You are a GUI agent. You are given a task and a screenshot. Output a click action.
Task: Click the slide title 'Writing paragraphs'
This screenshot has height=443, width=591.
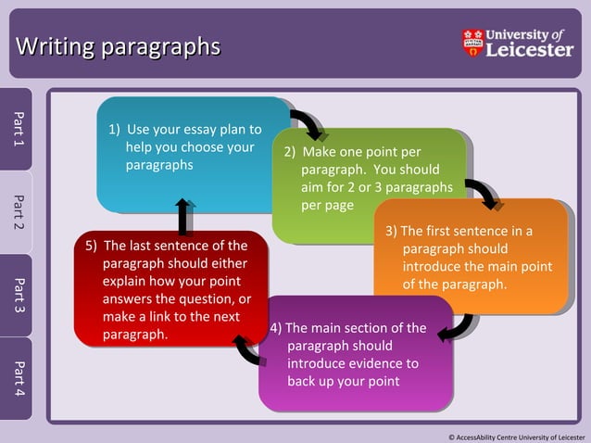pyautogui.click(x=119, y=45)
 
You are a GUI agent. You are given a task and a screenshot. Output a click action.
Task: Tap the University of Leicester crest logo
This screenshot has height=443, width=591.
pyautogui.click(x=472, y=43)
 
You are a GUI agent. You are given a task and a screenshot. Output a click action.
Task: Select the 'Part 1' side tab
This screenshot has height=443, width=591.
pyautogui.click(x=17, y=129)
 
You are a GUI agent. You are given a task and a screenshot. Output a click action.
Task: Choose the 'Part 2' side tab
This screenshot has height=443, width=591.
pyautogui.click(x=17, y=212)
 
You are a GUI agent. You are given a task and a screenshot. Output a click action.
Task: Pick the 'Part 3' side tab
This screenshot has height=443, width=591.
pyautogui.click(x=17, y=295)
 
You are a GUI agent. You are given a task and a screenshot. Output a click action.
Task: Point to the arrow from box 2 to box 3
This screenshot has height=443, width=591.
pyautogui.click(x=482, y=194)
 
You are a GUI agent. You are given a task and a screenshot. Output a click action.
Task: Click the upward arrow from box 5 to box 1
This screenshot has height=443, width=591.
pyautogui.click(x=184, y=215)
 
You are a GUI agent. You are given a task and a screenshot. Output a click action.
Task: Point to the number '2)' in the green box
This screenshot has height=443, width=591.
pyautogui.click(x=290, y=152)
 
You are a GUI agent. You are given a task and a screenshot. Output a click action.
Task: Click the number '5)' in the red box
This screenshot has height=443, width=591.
pyautogui.click(x=92, y=246)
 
